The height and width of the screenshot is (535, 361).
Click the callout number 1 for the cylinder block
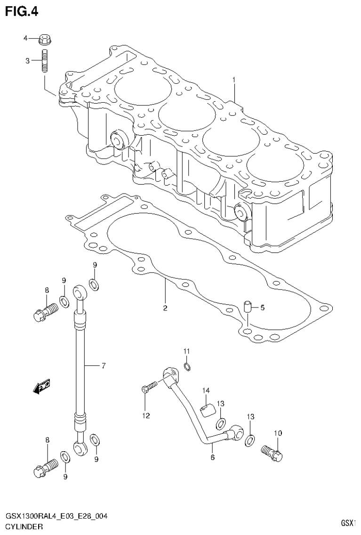pyautogui.click(x=233, y=81)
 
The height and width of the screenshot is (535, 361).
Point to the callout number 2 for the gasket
pyautogui.click(x=165, y=308)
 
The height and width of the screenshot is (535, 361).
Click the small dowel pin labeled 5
pyautogui.click(x=247, y=308)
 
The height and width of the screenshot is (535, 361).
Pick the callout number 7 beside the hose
pyautogui.click(x=104, y=365)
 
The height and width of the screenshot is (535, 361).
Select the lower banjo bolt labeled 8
pyautogui.click(x=45, y=468)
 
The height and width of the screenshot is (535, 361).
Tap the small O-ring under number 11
pyautogui.click(x=187, y=367)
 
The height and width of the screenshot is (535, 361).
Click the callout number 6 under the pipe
pyautogui.click(x=212, y=457)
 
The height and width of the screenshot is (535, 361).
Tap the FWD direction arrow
pyautogui.click(x=42, y=386)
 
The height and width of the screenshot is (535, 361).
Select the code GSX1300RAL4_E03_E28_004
pyautogui.click(x=56, y=517)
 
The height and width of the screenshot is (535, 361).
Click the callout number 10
pyautogui.click(x=277, y=433)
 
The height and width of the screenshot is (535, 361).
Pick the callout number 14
pyautogui.click(x=206, y=390)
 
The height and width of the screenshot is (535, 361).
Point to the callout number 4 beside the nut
pyautogui.click(x=26, y=38)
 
